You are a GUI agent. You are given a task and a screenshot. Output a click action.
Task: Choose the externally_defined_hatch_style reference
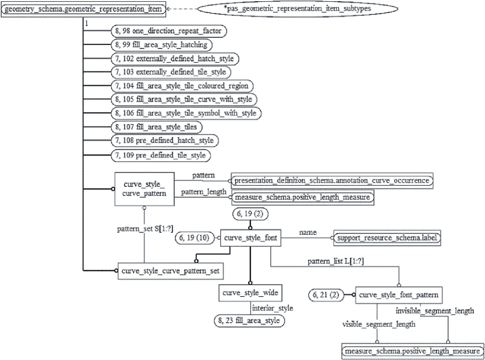(174, 58)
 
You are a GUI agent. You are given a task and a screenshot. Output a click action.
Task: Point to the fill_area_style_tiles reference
(157, 127)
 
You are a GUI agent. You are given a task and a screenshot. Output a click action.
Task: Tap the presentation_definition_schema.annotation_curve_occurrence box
(331, 180)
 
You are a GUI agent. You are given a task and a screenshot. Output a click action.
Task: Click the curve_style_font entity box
(250, 238)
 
